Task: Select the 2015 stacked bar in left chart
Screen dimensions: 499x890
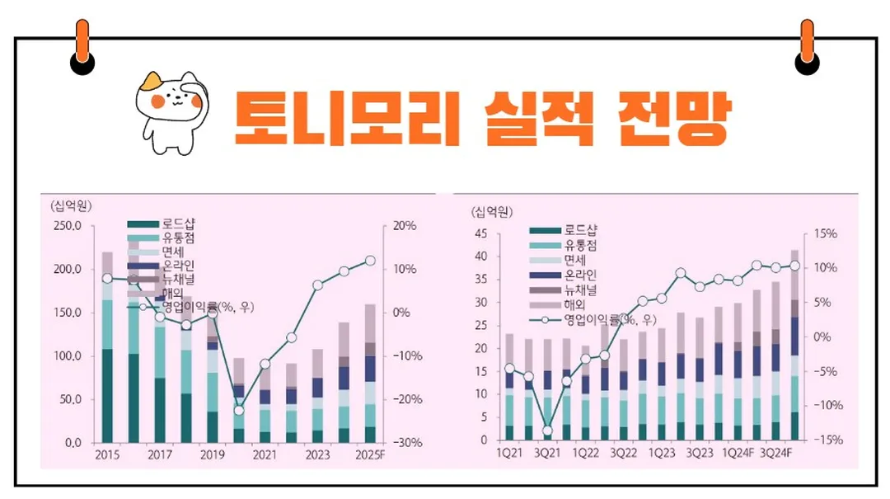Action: [x=107, y=346]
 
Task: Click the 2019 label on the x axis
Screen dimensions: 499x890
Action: [x=213, y=455]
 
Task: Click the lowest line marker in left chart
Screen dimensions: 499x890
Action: [x=239, y=410]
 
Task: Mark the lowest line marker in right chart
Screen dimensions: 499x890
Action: [x=547, y=431]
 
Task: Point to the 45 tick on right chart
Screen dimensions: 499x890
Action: [x=483, y=234]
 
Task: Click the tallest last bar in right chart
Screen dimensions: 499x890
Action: [x=794, y=346]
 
